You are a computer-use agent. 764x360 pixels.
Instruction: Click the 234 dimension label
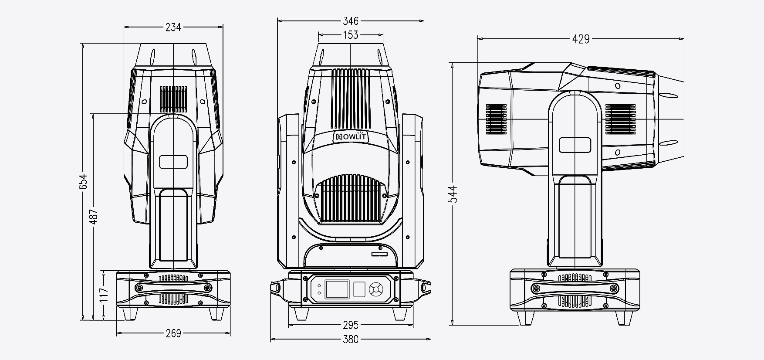(173, 27)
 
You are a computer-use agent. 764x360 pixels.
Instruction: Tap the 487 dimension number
(95, 217)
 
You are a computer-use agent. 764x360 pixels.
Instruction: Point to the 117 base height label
(104, 295)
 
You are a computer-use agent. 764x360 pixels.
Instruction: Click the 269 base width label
(173, 333)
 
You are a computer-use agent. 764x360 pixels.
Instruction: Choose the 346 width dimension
(351, 20)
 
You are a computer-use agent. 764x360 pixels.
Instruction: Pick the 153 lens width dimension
(351, 34)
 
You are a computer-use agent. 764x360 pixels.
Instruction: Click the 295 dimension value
(351, 325)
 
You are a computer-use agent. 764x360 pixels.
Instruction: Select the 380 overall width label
(351, 339)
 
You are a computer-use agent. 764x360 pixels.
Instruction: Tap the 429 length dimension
(581, 39)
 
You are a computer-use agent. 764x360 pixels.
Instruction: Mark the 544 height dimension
(453, 194)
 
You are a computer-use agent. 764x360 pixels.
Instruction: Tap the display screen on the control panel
(337, 289)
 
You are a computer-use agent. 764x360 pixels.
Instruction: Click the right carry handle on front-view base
(425, 287)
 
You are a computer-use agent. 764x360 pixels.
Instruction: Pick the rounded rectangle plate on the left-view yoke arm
(173, 162)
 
